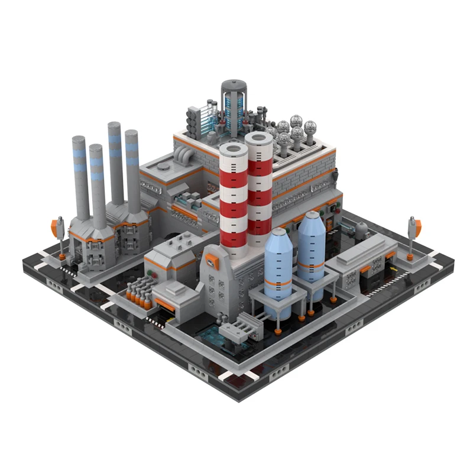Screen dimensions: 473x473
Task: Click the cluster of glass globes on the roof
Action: [x=290, y=132]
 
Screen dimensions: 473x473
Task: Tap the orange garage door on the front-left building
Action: [x=166, y=304]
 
